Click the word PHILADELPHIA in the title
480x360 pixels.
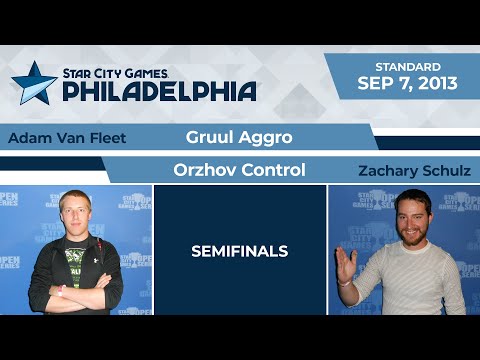pyautogui.click(x=160, y=91)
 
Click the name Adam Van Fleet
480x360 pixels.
pyautogui.click(x=67, y=138)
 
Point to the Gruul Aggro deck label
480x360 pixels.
pyautogui.click(x=239, y=136)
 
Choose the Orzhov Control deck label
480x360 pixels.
pyautogui.click(x=239, y=169)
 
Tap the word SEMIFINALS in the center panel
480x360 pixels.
pyautogui.click(x=240, y=251)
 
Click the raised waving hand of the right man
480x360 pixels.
pyautogui.click(x=345, y=264)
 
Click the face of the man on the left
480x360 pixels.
pyautogui.click(x=76, y=217)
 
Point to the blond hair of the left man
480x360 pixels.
pyautogui.click(x=75, y=196)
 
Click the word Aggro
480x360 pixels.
pyautogui.click(x=265, y=136)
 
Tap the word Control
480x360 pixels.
pyautogui.click(x=273, y=169)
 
